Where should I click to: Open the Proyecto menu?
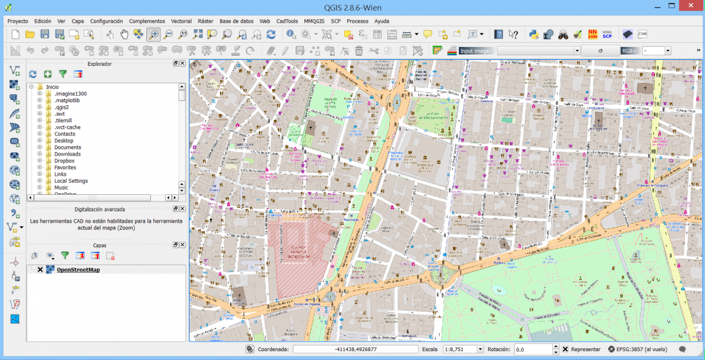[x=18, y=21]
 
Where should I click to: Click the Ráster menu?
[x=205, y=21]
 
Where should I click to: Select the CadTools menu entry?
[x=287, y=21]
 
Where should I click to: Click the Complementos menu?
[x=147, y=21]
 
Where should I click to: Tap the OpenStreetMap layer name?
[x=78, y=270]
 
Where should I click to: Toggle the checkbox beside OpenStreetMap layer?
[x=40, y=270]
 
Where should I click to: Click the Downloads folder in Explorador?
[x=68, y=154]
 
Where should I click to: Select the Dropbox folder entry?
[x=64, y=161]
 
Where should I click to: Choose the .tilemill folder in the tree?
[x=62, y=120]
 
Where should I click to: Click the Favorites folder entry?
[x=65, y=167]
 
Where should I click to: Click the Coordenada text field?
[x=355, y=349]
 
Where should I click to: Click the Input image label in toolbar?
[x=475, y=51]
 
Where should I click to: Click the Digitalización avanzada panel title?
[x=99, y=209]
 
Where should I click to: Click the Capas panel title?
[x=100, y=245]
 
